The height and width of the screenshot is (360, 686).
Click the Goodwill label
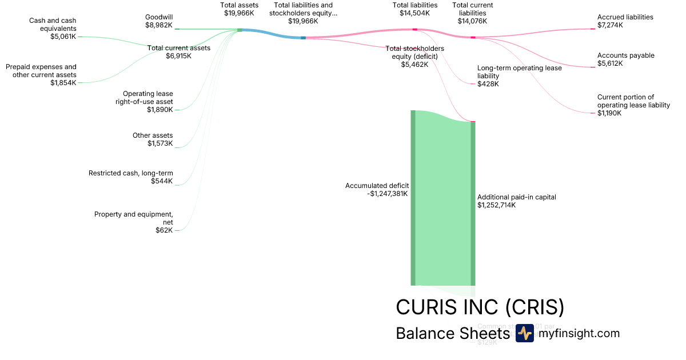tap(158, 17)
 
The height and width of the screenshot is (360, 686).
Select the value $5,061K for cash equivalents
tap(62, 37)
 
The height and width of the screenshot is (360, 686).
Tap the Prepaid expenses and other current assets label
tap(41, 71)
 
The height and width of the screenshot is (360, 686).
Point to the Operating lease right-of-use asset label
tap(147, 98)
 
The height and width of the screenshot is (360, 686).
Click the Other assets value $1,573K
tap(160, 143)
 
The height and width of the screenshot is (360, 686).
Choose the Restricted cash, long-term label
tap(130, 173)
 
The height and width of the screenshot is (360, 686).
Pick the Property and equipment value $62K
tap(163, 230)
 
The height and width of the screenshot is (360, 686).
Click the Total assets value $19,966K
tap(239, 13)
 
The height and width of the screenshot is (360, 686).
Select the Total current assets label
tap(178, 48)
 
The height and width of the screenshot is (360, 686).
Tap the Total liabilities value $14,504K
tap(414, 13)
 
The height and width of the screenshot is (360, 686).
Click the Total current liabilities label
tap(472, 9)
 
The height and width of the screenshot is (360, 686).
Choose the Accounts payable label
tap(625, 55)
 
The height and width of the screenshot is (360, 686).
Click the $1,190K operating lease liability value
tap(609, 113)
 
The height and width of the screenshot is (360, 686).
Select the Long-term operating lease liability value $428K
tap(488, 83)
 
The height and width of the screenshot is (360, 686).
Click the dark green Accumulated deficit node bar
tap(413, 197)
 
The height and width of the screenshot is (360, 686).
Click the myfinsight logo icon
tap(524, 333)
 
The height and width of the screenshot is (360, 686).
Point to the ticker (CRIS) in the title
tap(535, 307)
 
